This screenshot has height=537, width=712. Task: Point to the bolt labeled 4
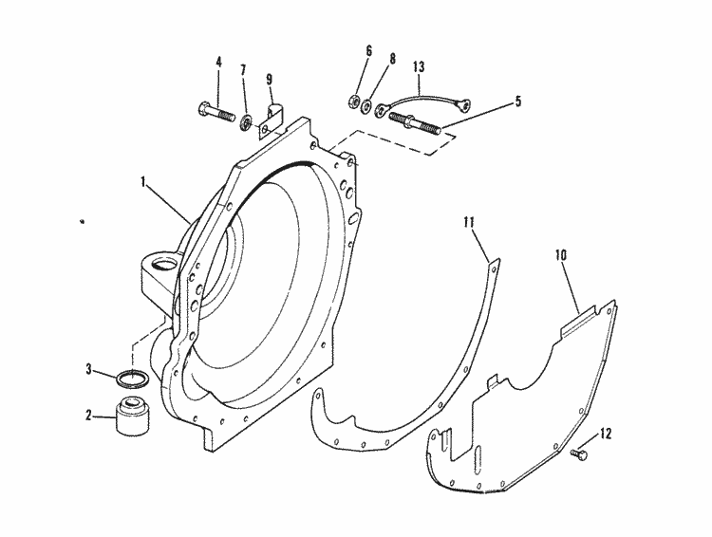pyautogui.click(x=216, y=114)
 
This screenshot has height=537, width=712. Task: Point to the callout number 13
pyautogui.click(x=419, y=66)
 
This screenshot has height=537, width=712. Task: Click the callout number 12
pyautogui.click(x=605, y=435)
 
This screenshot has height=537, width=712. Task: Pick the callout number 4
pyautogui.click(x=217, y=63)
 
